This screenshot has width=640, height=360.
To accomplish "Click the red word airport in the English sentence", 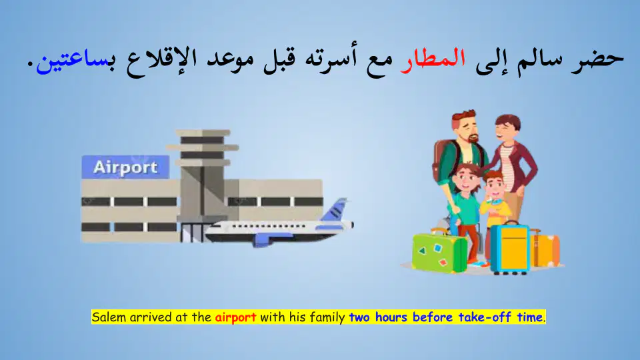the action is click(235, 317).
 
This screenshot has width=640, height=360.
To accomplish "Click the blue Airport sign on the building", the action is click(125, 167).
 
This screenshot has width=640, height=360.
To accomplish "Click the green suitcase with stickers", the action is click(439, 252).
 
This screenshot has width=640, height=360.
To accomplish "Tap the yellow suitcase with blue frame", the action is click(510, 248).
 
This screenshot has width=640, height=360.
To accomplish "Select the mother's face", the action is click(508, 130).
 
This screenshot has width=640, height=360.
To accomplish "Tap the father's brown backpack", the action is click(441, 160).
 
